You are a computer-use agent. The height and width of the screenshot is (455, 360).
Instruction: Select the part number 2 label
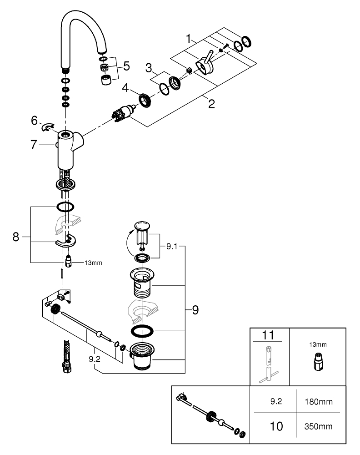pos(211,103)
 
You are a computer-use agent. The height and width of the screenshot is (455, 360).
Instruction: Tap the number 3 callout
pos(148,68)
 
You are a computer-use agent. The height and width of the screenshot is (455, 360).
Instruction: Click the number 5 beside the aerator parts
pos(126,66)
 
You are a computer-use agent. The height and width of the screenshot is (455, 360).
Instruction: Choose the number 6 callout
pos(34,121)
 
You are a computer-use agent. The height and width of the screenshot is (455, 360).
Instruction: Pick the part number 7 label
pos(33,145)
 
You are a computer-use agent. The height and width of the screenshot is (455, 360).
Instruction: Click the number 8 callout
pos(16,237)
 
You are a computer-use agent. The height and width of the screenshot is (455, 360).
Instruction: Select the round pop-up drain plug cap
pos(142,226)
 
